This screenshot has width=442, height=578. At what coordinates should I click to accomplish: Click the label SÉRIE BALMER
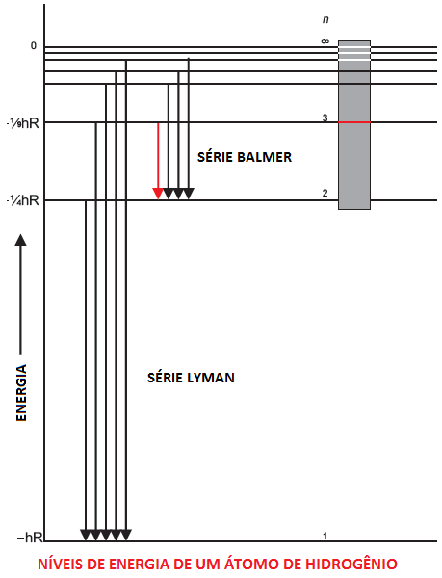point(245,157)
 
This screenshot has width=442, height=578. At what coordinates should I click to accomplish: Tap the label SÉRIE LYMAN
point(191,378)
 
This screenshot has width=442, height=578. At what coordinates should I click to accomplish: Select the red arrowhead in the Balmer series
point(158,194)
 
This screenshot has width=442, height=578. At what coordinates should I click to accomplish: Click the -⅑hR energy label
point(23,123)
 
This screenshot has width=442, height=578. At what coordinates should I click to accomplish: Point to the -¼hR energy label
point(23,201)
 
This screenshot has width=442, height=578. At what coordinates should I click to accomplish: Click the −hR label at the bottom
point(30,538)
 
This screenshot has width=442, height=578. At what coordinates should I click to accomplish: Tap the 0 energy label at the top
point(34,46)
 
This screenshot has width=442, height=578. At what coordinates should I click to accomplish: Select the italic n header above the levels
point(325,19)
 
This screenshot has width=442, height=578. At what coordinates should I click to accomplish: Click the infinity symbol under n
point(325,41)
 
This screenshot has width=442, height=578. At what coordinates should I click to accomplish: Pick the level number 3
point(325,118)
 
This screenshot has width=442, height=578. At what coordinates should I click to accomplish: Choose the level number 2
point(325,193)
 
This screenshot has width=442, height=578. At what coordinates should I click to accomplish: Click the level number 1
point(325,536)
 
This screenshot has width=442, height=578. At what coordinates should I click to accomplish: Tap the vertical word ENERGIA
point(21,393)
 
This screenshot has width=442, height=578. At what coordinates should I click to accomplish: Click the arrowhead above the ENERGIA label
point(20,240)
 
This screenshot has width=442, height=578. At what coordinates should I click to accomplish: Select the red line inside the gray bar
point(354,122)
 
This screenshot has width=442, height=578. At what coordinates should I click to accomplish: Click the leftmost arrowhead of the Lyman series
point(86,535)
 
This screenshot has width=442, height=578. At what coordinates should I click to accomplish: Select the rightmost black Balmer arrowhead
point(189,194)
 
